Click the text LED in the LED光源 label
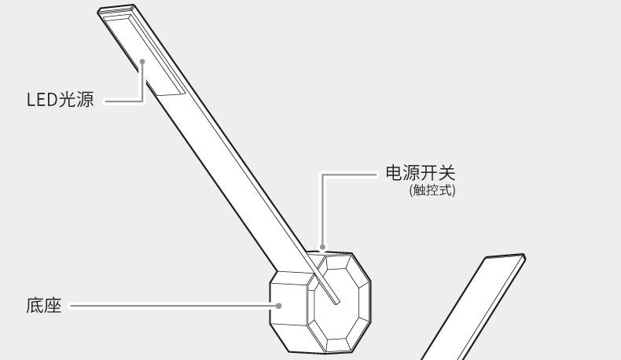[x=42, y=101]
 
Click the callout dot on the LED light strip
[x=143, y=60]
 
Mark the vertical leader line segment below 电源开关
[x=321, y=212]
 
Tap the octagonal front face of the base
[x=338, y=303]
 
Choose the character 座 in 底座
[x=53, y=305]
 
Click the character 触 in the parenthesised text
[x=418, y=191]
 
